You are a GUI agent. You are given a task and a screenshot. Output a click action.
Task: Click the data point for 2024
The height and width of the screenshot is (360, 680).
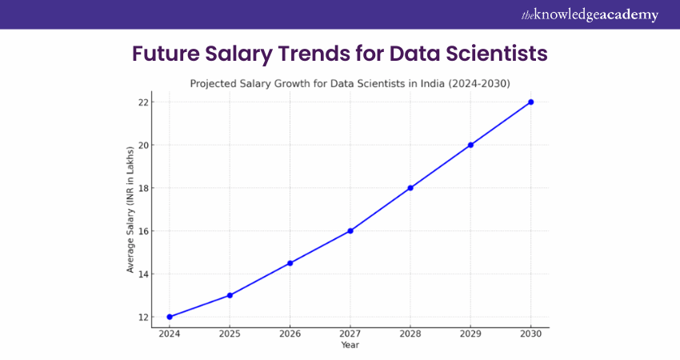click(170, 317)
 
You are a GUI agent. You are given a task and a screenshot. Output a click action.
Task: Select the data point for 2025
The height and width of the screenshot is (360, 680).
click(230, 295)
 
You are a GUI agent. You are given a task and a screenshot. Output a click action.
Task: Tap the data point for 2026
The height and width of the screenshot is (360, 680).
click(290, 263)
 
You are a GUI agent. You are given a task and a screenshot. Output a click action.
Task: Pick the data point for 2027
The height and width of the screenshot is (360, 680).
click(350, 230)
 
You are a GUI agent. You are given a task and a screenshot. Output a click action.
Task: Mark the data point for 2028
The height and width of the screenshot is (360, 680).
click(410, 188)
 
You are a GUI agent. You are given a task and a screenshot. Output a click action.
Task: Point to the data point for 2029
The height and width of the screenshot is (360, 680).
click(470, 145)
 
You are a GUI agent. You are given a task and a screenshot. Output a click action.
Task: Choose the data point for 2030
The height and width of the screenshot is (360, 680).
click(530, 102)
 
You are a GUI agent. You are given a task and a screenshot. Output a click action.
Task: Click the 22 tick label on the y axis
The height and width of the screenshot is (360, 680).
click(142, 102)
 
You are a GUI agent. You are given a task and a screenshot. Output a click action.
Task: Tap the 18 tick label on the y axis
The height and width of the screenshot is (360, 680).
click(142, 188)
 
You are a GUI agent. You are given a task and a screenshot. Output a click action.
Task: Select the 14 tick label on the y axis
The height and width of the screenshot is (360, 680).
click(142, 274)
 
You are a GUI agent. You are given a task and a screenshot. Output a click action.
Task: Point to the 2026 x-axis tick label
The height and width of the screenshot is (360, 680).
click(290, 334)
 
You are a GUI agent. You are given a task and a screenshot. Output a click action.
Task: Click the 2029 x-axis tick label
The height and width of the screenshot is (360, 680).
click(470, 334)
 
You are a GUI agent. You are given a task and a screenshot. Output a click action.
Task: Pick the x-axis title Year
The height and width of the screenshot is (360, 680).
click(350, 346)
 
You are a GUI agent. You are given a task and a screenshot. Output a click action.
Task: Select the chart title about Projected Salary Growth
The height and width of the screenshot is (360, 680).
click(350, 83)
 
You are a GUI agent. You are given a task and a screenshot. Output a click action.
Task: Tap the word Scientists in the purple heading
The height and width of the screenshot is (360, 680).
click(492, 54)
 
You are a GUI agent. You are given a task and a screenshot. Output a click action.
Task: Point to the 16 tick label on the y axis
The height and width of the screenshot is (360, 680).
click(142, 230)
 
